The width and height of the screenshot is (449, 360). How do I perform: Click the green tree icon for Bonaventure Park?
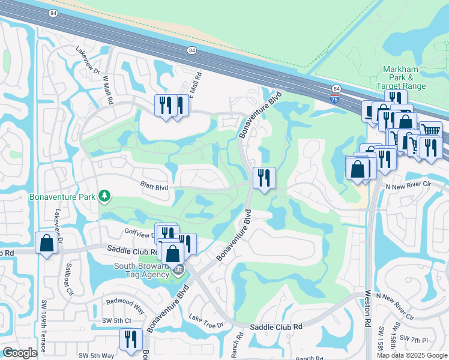[x=104, y=196]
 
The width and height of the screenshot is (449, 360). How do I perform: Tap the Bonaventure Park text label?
[x=64, y=197]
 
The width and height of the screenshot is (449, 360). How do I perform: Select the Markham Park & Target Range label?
[x=405, y=78]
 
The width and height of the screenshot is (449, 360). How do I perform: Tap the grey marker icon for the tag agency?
[x=177, y=271]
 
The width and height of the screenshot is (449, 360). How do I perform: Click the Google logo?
[x=20, y=353]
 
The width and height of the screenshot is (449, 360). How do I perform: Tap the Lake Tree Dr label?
[x=206, y=320]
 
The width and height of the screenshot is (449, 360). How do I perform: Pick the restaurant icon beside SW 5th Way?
[x=130, y=340]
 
